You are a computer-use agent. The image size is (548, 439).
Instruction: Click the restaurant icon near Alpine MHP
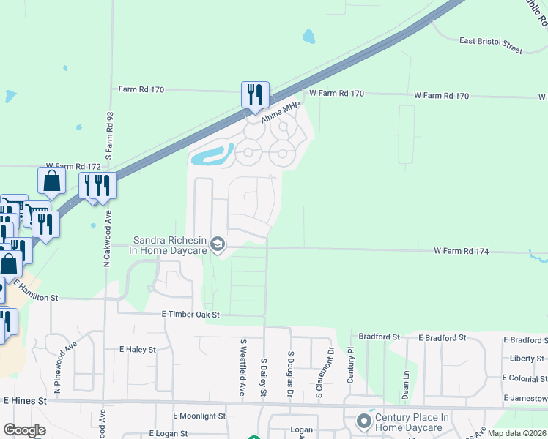(x=255, y=96)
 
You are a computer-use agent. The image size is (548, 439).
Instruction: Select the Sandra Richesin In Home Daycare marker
(x=217, y=244)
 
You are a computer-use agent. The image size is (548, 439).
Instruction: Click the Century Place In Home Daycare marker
(x=363, y=421)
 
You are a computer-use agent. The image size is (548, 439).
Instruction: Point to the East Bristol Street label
(x=491, y=46)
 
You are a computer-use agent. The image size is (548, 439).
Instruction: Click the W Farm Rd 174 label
(x=460, y=250)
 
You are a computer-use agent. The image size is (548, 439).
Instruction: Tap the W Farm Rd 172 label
(x=73, y=167)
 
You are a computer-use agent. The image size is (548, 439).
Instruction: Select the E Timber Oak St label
(x=190, y=314)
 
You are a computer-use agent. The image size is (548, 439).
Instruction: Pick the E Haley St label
(x=138, y=350)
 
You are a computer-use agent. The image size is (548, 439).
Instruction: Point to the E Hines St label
(x=25, y=401)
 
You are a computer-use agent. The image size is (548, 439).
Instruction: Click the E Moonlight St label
(x=199, y=416)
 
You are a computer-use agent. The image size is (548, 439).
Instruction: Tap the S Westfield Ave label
(x=242, y=368)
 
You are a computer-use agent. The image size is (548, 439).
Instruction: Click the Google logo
(x=24, y=429)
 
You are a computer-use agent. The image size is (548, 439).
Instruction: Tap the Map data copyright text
(x=516, y=433)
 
